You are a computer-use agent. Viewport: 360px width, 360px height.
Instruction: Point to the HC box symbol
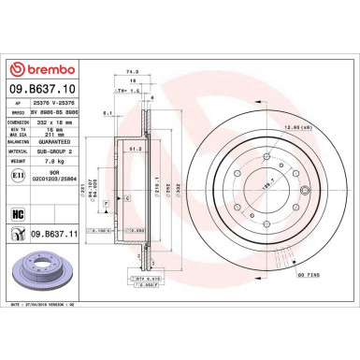point(17,214)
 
